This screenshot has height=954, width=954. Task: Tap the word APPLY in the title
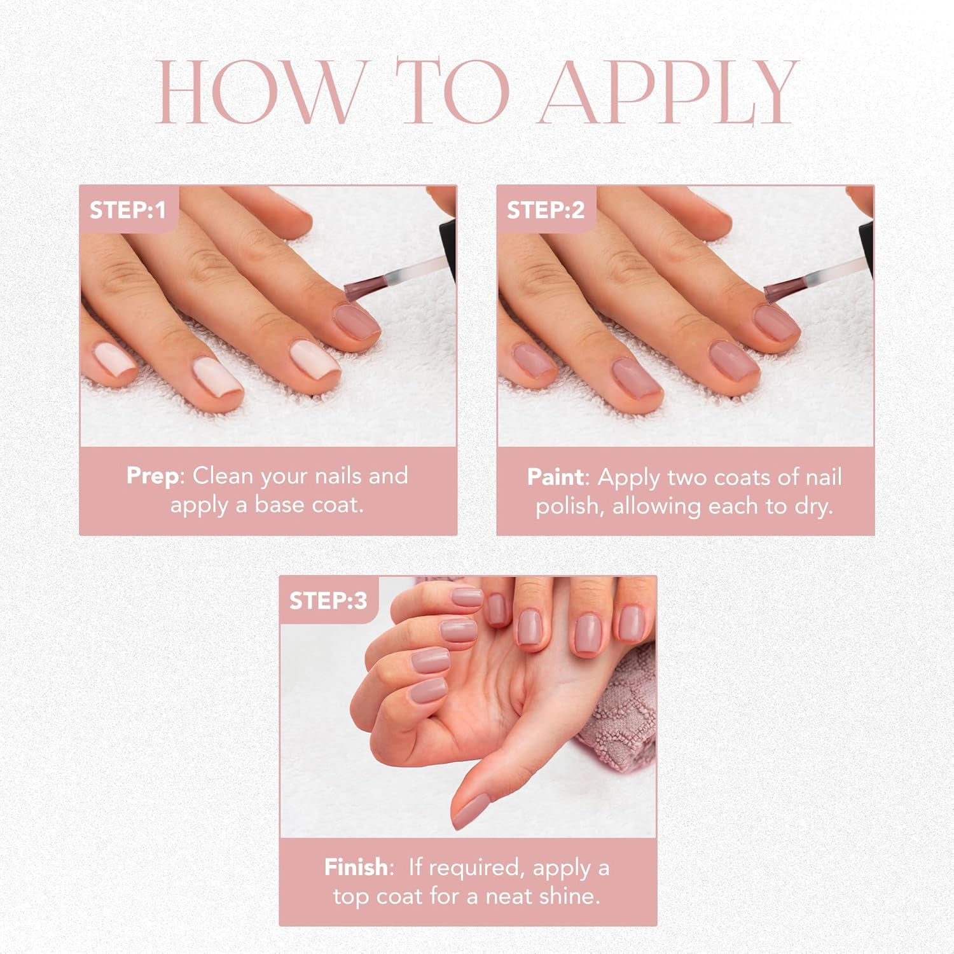[668, 92]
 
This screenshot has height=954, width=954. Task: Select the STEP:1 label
[127, 210]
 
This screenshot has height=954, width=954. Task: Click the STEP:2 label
[545, 210]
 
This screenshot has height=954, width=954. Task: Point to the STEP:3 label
[328, 600]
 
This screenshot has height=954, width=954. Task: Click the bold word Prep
[153, 476]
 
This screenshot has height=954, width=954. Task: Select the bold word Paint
[555, 477]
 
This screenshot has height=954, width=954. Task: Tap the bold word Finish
[356, 867]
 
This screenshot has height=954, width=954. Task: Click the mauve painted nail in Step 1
[356, 320]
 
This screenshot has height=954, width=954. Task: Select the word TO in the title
[453, 92]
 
